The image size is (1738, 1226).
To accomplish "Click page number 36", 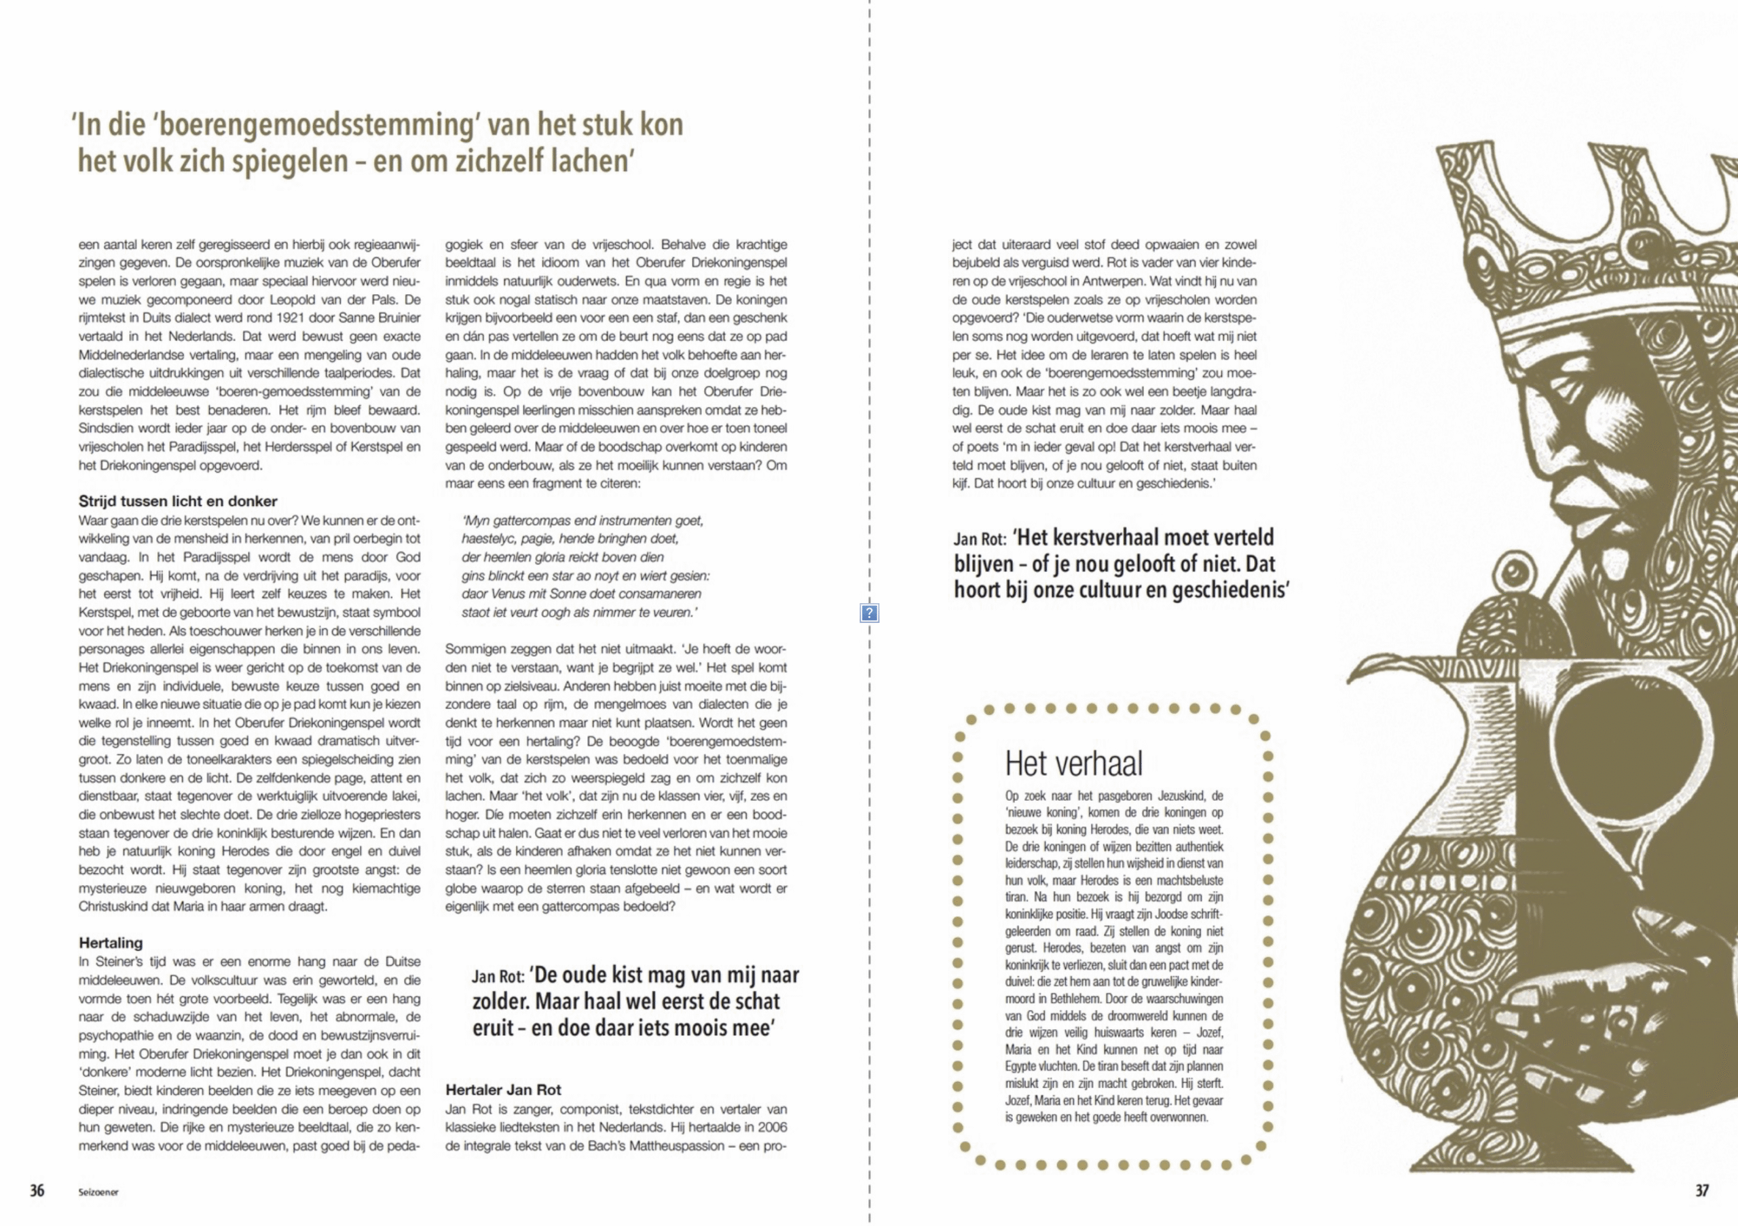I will click(x=37, y=1191).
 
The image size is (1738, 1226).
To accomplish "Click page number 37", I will click(x=1701, y=1191).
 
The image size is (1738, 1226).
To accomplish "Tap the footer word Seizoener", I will click(x=98, y=1192).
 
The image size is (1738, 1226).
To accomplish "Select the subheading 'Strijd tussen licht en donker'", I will click(x=178, y=501).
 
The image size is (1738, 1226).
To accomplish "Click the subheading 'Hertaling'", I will click(x=111, y=943).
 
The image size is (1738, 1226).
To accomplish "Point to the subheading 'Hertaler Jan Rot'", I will click(x=503, y=1089).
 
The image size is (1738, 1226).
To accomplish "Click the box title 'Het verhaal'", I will click(x=1073, y=763).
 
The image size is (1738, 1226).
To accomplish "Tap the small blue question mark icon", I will click(x=869, y=613).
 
